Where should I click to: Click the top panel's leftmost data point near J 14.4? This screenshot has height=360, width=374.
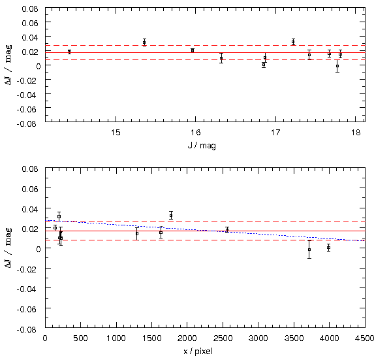(69, 52)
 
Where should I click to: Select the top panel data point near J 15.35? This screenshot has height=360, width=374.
(144, 42)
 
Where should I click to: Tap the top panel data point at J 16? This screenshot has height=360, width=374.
(193, 50)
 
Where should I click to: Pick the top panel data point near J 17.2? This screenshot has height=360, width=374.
(293, 42)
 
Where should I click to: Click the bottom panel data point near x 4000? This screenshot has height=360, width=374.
(329, 248)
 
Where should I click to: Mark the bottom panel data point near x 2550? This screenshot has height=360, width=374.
(227, 230)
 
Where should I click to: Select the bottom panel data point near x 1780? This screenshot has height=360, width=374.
(171, 216)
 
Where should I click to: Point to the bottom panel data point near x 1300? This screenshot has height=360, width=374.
(137, 233)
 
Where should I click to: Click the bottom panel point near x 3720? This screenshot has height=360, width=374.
(309, 250)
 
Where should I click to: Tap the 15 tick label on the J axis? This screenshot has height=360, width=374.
(116, 132)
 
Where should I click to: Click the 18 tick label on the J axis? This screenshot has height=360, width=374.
(355, 132)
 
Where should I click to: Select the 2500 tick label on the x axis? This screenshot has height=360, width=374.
(223, 338)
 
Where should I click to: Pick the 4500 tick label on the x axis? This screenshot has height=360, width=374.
(365, 338)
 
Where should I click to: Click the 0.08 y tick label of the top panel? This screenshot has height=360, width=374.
(30, 9)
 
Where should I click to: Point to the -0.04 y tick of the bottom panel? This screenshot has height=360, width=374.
(27, 289)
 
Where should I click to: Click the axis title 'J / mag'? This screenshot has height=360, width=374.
(202, 146)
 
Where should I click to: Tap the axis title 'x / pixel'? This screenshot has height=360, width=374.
(198, 352)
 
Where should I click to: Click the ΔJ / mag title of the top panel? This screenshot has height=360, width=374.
(8, 65)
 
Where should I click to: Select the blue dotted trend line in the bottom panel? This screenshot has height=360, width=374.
(205, 231)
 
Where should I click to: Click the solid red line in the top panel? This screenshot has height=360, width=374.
(205, 52)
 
